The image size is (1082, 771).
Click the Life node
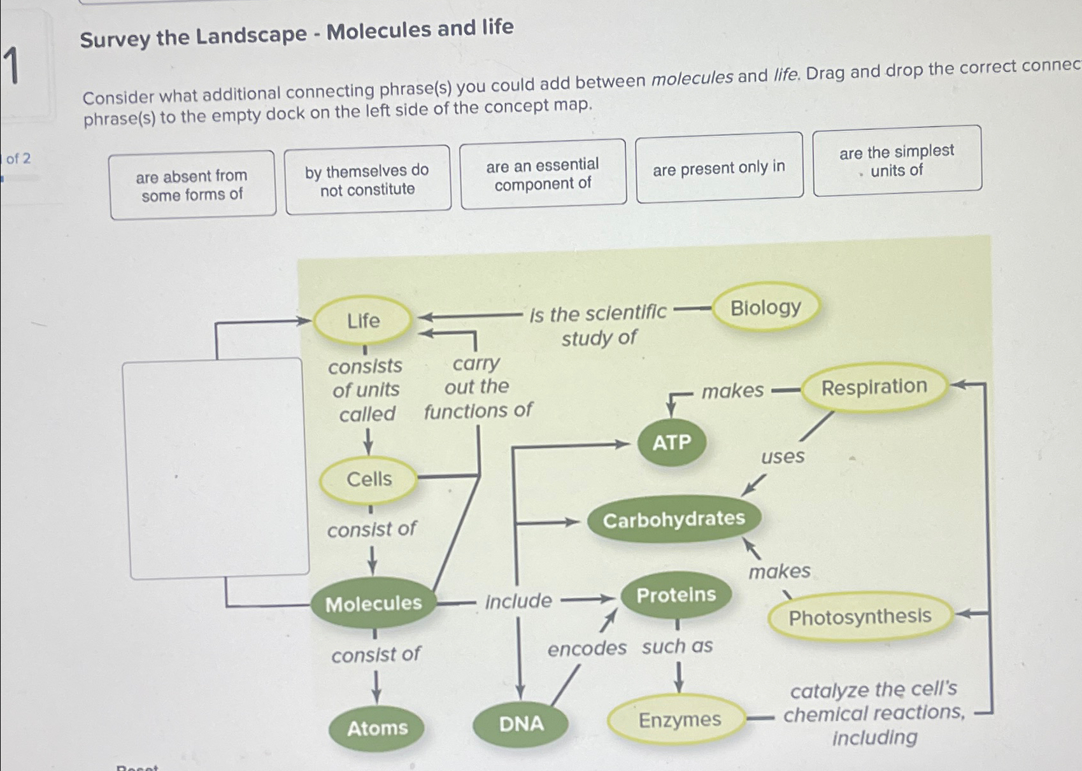[363, 320]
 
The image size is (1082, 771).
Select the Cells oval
[369, 479]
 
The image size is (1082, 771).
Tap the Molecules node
[373, 603]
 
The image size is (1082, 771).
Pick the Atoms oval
[377, 728]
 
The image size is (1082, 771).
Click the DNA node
[521, 724]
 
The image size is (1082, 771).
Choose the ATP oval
[671, 442]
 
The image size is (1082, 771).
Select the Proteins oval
[676, 595]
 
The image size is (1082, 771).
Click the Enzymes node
[679, 720]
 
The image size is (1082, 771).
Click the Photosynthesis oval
[860, 616]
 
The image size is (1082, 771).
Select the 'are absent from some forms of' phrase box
[192, 185]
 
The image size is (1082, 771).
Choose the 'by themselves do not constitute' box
[367, 180]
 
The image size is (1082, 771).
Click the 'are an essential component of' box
[543, 174]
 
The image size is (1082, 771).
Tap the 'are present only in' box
[719, 168]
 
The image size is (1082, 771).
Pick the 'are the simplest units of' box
[897, 161]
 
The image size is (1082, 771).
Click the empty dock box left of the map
[215, 469]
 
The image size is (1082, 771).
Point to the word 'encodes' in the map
[587, 649]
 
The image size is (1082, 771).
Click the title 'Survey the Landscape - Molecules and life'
[297, 33]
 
